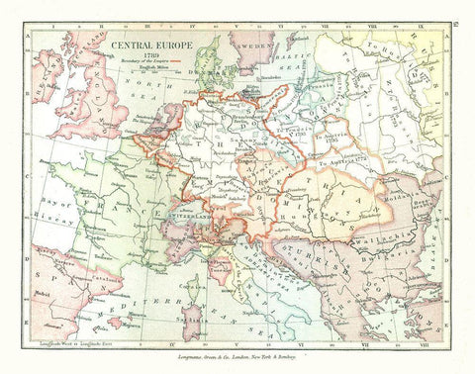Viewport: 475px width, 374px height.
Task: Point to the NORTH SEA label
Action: tap(158, 89)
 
